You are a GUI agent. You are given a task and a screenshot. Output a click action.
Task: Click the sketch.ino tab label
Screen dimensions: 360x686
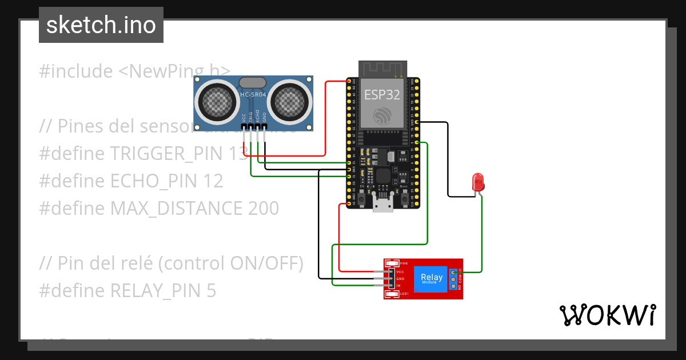tap(101, 25)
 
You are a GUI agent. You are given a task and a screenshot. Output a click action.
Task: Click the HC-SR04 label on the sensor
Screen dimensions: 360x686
tap(253, 95)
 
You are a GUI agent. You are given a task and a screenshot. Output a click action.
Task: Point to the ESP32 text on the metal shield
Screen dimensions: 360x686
tap(383, 95)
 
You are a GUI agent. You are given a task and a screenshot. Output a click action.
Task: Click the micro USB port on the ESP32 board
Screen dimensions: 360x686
tap(383, 203)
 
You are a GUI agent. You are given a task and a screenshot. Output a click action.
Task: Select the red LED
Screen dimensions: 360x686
tap(478, 182)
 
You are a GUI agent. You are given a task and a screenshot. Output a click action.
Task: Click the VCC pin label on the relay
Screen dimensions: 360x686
tap(400, 272)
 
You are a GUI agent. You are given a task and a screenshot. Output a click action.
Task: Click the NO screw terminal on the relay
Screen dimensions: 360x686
tap(453, 286)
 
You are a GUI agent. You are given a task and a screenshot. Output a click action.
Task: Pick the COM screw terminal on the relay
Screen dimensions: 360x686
tap(453, 279)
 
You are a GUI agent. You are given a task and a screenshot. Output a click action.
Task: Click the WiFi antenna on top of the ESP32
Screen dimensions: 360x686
tap(382, 69)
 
